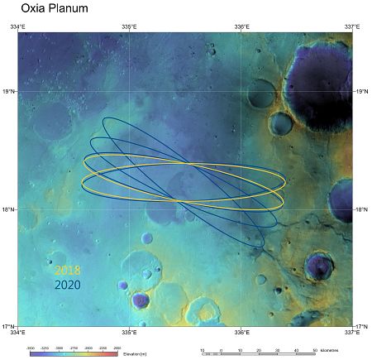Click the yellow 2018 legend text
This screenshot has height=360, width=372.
click(x=68, y=270)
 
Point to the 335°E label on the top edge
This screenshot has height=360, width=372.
click(x=129, y=27)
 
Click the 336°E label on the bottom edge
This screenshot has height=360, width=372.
click(x=241, y=333)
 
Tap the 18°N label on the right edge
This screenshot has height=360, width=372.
click(x=361, y=209)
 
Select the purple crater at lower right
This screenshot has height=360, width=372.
click(x=318, y=266)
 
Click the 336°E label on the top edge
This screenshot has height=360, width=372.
click(x=241, y=27)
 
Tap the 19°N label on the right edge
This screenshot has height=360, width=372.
click(x=361, y=91)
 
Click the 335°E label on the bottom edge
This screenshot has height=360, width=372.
click(x=129, y=333)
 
